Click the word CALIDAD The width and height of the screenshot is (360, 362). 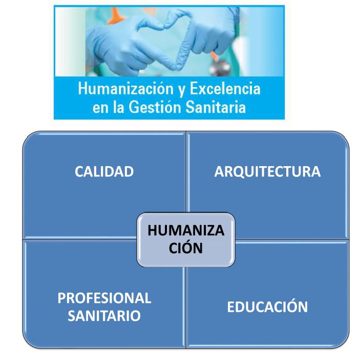pos(104,172)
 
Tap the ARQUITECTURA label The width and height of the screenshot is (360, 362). pos(267,172)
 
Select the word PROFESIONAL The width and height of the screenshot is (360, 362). pos(104,298)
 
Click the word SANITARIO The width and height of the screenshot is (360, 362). pos(104,315)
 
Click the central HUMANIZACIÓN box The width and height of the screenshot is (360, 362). pos(186,239)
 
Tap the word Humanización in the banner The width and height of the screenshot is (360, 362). pos(126,88)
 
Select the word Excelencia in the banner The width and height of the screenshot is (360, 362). pos(225,88)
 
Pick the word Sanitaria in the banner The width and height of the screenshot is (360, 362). pos(216,107)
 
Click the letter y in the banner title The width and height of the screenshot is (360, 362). pos(182,90)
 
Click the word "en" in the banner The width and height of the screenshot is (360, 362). pos(100,109)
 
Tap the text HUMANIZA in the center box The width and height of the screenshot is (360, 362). pos(186,230)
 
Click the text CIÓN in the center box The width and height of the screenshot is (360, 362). pos(186,247)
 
